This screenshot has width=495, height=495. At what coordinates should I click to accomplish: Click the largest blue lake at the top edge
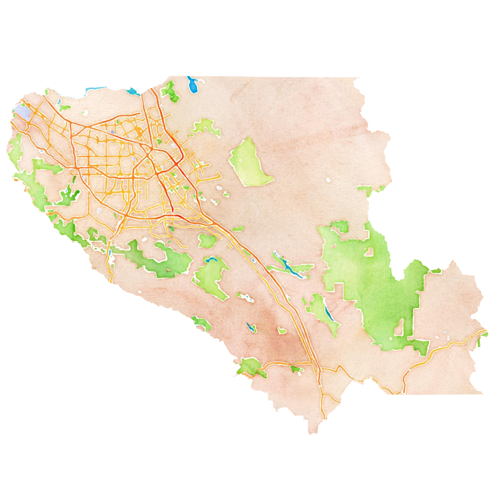tap(192, 85)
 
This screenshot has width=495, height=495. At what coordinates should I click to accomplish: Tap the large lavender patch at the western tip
tap(23, 112)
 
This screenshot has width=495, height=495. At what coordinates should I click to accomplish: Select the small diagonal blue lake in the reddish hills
tap(250, 327)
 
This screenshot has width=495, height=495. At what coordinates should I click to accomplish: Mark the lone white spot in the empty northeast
tap(328, 180)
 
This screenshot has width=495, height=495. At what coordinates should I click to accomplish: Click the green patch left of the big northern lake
tap(170, 91)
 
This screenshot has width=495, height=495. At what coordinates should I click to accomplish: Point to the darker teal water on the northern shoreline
tap(133, 91)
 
